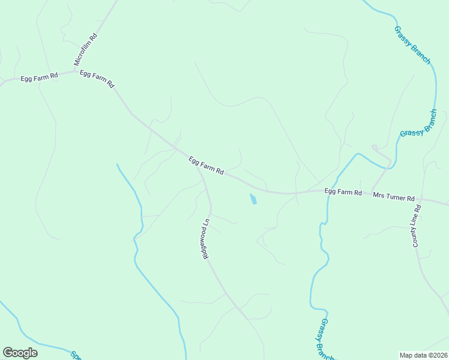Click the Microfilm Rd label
(85, 50)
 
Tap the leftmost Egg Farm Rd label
(39, 77)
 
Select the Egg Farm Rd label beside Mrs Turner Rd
(343, 192)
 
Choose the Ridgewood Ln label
(205, 238)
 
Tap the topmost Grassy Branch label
(412, 45)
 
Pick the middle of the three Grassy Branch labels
(418, 123)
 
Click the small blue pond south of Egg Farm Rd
(253, 199)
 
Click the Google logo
(20, 353)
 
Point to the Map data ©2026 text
(423, 355)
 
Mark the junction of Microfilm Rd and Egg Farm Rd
(76, 71)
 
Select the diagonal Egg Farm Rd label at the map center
(206, 165)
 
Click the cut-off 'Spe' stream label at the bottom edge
(76, 355)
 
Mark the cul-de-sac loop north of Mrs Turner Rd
(374, 147)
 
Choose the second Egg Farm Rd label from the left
(97, 79)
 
